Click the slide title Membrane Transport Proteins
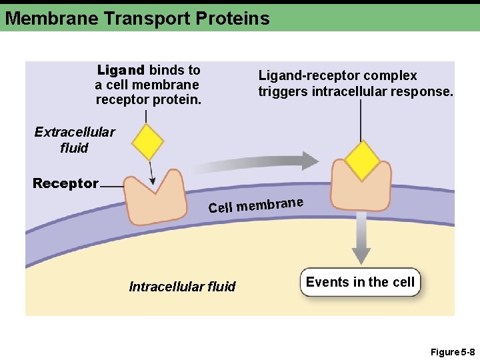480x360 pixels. (x=137, y=18)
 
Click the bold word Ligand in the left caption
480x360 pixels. (x=121, y=70)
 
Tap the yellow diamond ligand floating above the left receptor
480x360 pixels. (x=147, y=142)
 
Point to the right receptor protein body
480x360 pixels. (x=361, y=194)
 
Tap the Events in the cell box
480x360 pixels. (x=360, y=283)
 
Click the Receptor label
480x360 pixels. (x=65, y=183)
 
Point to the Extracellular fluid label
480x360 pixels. (x=74, y=140)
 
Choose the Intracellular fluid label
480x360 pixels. (x=182, y=287)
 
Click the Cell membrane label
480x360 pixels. (x=256, y=205)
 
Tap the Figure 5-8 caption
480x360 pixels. (x=452, y=351)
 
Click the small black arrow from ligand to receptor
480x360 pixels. (x=151, y=173)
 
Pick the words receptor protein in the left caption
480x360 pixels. (x=148, y=99)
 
